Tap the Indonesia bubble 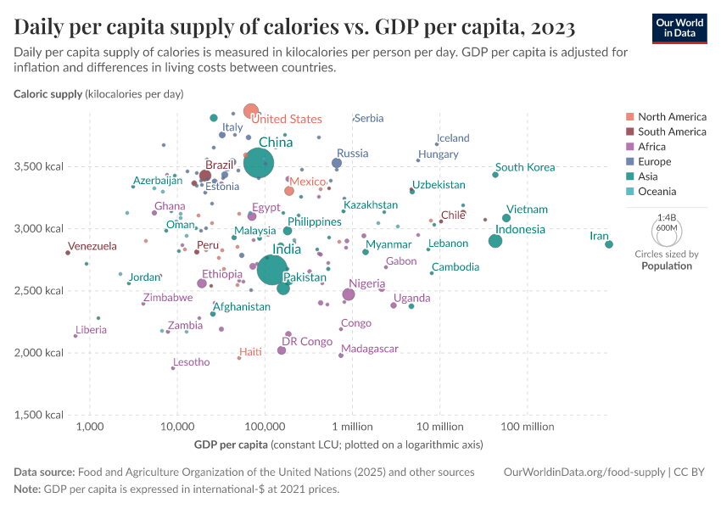pos(495,241)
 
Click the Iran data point pos(609,244)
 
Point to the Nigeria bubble pos(349,294)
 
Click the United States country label pos(287,120)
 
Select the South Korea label pos(525,167)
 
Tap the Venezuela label pos(92,246)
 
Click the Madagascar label pos(370,349)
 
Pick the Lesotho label pos(192,362)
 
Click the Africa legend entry pos(653,147)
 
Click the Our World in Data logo pos(679,28)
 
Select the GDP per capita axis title pos(232,445)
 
